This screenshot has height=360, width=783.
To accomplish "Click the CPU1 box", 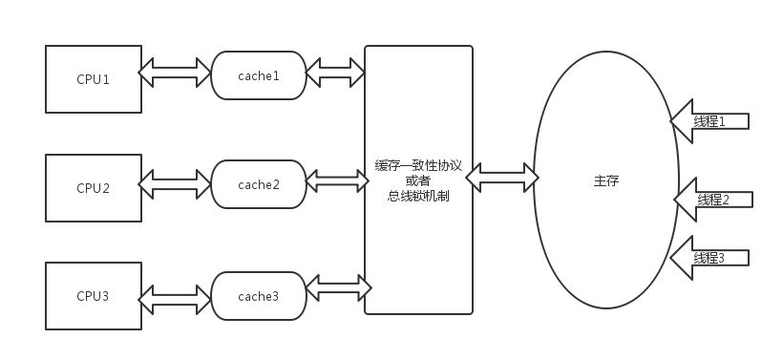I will coord(94,78).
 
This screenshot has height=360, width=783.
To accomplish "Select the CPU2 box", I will coord(94,187).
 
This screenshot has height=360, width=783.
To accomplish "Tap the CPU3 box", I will coord(94,296).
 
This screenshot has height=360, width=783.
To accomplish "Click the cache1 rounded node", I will coord(259,75).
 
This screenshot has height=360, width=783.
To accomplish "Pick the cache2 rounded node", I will coord(259,184).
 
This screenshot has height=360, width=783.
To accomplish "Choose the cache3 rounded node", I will coord(259,296).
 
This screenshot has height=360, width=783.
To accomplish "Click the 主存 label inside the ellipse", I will coord(605,180).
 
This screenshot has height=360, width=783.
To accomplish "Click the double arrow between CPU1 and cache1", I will coord(176,72).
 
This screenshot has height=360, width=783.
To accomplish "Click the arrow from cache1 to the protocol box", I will coord(335,70).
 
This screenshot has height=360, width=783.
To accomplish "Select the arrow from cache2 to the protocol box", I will coord(335,179).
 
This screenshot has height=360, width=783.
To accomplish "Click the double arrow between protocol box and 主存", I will coord(502,177).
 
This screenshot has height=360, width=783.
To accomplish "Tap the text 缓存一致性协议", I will coord(418,165).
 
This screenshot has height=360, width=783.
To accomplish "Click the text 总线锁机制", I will coord(418,196).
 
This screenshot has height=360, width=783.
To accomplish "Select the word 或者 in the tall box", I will coord(418,180).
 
